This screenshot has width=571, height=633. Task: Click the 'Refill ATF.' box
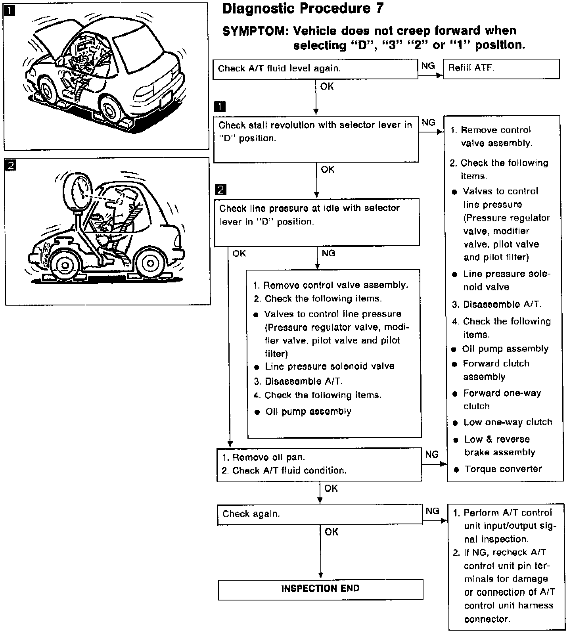click(x=501, y=69)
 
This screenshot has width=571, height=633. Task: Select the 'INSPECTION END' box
click(x=320, y=589)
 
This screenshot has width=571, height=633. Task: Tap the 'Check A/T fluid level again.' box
click(x=315, y=69)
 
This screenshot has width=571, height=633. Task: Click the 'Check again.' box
click(x=320, y=514)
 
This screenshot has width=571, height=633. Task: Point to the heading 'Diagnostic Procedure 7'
click(x=303, y=8)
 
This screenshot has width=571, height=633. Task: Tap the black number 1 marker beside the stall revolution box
click(x=220, y=106)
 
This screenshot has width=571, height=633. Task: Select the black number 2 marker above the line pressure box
click(x=220, y=190)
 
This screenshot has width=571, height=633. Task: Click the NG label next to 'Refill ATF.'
click(x=428, y=66)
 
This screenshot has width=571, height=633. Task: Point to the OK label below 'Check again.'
click(x=331, y=532)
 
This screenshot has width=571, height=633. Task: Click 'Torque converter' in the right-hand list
click(x=503, y=469)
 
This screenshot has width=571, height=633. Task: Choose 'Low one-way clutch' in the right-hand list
click(x=508, y=422)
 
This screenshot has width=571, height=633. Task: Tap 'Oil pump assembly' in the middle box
click(x=308, y=412)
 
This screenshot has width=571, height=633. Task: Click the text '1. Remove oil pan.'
click(x=263, y=458)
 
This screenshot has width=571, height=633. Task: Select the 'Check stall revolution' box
click(x=316, y=139)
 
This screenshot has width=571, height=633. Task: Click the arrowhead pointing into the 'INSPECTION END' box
click(x=320, y=575)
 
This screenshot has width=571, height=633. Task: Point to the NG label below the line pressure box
click(x=328, y=253)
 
